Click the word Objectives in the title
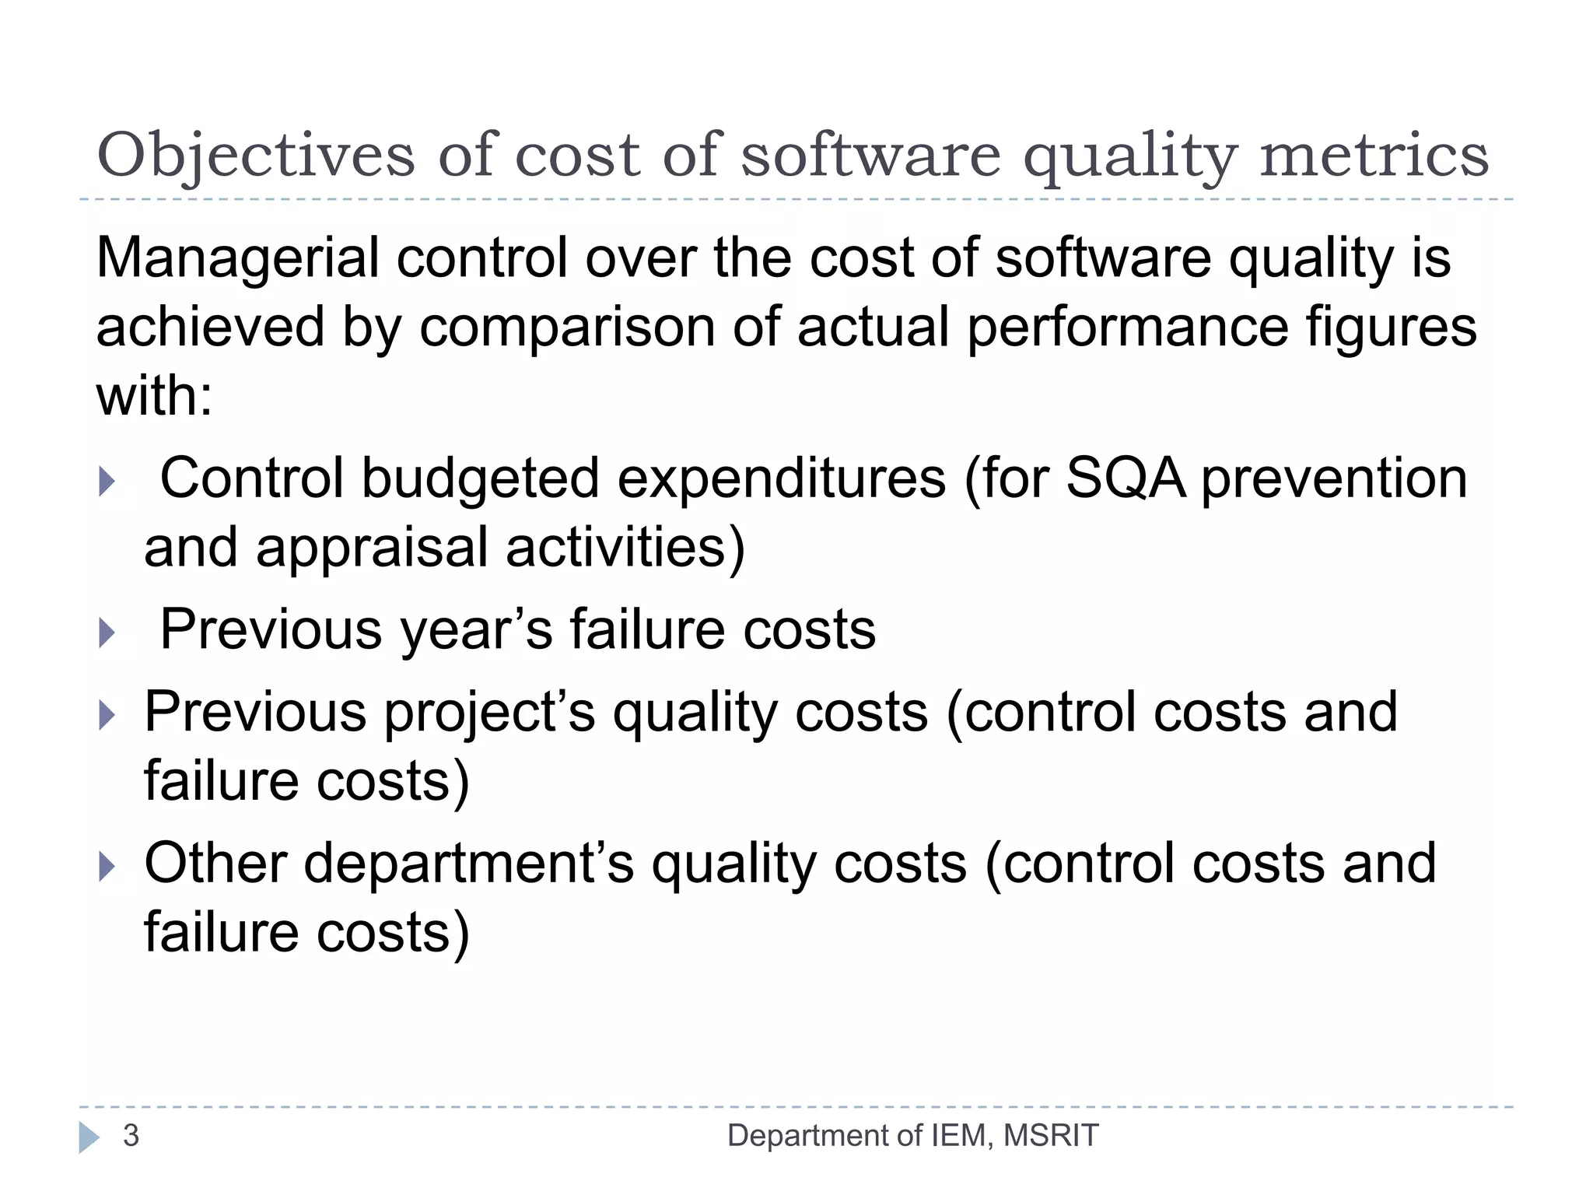tap(256, 156)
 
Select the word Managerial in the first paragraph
tap(237, 258)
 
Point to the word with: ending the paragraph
tap(154, 396)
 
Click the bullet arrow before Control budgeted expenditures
tap(107, 482)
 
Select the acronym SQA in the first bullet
tap(1126, 478)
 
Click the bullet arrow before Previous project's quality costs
tap(107, 715)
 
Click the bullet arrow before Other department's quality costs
tap(107, 866)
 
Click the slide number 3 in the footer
tap(131, 1136)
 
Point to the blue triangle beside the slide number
tap(89, 1137)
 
